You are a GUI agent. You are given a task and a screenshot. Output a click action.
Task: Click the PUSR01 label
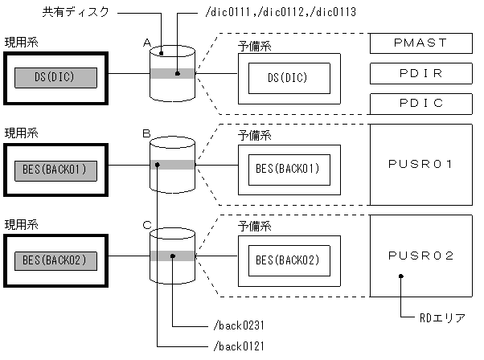click(x=421, y=164)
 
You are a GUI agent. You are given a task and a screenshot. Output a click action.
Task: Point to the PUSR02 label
click(x=421, y=256)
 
